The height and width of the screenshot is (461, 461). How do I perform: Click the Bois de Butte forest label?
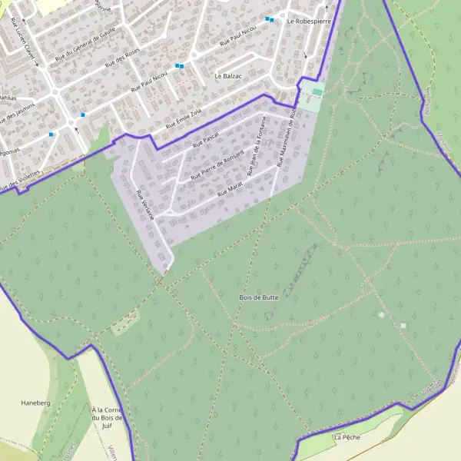pos(259,297)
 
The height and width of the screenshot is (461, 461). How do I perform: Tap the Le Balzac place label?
pos(228,76)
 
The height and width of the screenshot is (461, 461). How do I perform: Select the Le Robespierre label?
pos(308,22)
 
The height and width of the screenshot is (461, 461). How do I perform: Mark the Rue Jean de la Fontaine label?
pos(262,142)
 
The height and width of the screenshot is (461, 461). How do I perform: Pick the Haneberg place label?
pos(35,403)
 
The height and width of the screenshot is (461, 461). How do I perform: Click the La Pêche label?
pos(346,436)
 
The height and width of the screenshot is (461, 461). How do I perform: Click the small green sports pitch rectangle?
pos(317,93)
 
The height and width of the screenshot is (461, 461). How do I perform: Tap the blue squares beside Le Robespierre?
pos(270,19)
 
